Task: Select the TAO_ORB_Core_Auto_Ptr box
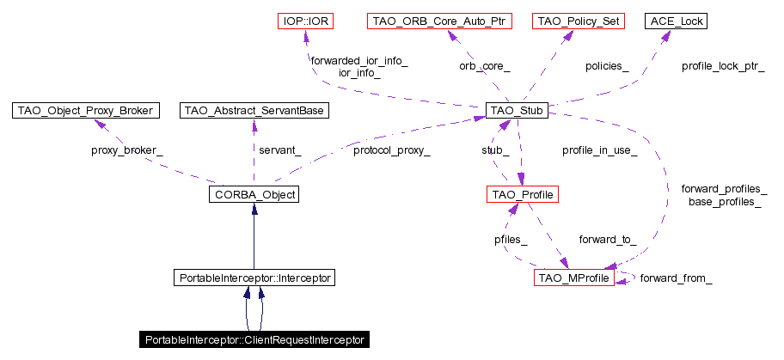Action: (438, 20)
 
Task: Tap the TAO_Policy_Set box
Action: (577, 20)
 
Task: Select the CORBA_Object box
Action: (253, 195)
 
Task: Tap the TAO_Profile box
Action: (523, 195)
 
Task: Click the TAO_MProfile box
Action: (574, 278)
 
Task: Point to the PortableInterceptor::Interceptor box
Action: (253, 278)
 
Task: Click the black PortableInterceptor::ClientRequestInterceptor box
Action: (254, 340)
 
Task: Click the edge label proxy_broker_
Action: (126, 150)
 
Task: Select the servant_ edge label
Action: (280, 150)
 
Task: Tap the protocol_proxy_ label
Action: (391, 150)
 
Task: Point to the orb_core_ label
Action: (484, 65)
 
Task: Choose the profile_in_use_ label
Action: (599, 150)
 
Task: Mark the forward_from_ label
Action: (676, 278)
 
